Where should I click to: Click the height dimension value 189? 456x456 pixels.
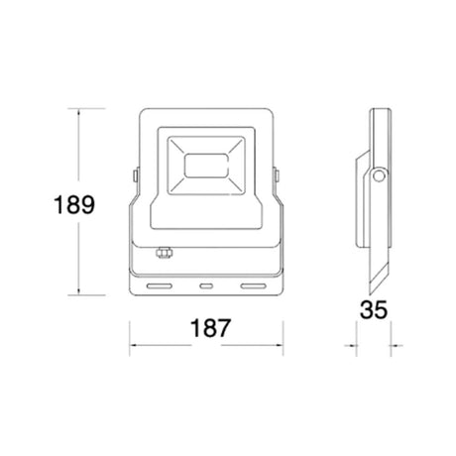74,205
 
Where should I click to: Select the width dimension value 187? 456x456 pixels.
210,328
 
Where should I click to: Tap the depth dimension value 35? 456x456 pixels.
374,309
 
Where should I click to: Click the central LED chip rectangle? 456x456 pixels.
206,166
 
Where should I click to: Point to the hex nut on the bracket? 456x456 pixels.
165,252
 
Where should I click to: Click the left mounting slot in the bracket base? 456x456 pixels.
160,285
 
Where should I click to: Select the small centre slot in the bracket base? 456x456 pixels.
206,285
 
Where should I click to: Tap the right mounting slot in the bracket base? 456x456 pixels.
253,285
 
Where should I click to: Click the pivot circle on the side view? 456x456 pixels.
379,176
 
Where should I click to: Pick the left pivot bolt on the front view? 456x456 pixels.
136,175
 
